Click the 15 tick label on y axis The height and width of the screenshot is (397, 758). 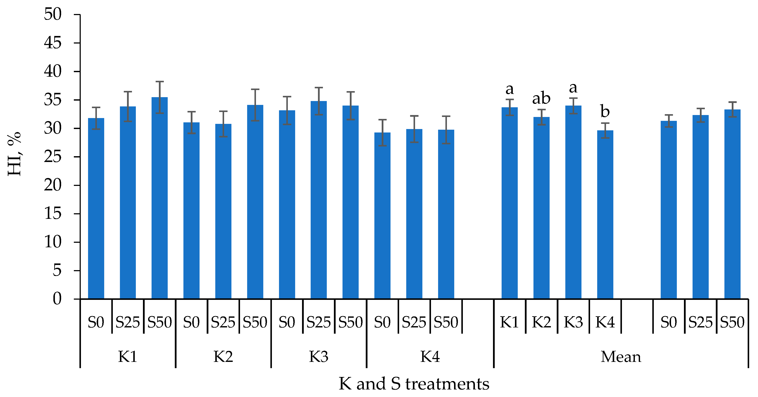coord(53,213)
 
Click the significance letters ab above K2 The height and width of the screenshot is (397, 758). coord(541,98)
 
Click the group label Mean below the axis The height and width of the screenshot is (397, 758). coord(621,357)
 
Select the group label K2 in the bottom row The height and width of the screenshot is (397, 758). coord(223,357)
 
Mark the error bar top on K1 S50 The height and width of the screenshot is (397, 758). coord(160,82)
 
